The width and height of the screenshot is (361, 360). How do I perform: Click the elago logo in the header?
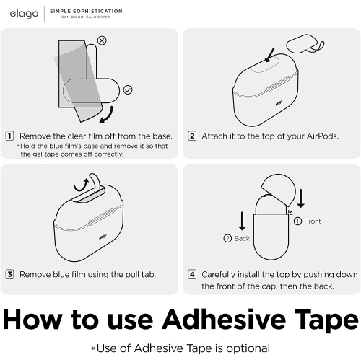[24, 14]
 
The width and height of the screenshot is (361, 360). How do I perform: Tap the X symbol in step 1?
[102, 40]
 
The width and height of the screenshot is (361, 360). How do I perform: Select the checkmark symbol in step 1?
[128, 89]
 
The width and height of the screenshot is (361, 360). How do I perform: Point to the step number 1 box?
[9, 136]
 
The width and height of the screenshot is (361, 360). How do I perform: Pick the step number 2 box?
[192, 136]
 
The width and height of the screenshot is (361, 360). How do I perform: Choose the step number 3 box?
[9, 274]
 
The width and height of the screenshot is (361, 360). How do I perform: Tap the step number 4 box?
[192, 274]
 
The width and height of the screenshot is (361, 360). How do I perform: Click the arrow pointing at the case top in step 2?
[269, 55]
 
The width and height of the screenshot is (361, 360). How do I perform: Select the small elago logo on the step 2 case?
[279, 103]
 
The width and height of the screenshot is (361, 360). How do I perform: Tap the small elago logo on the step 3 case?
[103, 237]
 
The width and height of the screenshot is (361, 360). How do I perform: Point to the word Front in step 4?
[313, 221]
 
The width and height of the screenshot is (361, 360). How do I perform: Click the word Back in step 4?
[242, 238]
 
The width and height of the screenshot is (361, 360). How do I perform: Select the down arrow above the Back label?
[242, 221]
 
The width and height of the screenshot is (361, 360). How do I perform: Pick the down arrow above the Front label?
[300, 198]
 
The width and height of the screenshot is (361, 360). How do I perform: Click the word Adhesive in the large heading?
[224, 320]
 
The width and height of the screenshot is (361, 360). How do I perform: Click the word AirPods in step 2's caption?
[323, 136]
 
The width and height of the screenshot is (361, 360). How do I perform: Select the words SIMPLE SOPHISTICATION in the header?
[86, 12]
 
